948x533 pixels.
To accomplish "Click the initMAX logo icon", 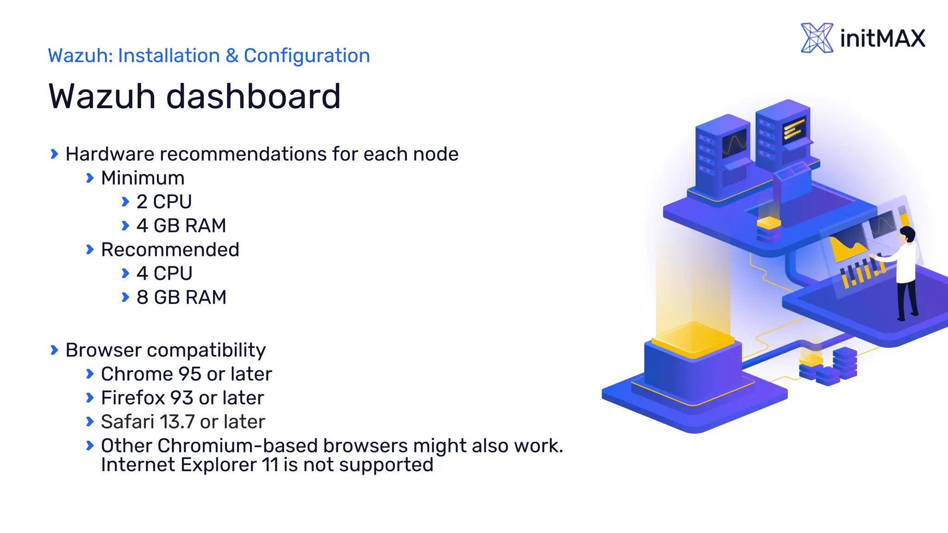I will point(817,38).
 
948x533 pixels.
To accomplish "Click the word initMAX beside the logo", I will point(882,38).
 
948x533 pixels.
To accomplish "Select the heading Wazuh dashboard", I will point(194,96).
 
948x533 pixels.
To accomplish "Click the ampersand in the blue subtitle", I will point(231,56).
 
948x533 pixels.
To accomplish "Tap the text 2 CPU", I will point(164,202).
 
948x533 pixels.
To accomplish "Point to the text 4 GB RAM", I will point(181,226).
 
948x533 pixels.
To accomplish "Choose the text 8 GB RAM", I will point(181,297).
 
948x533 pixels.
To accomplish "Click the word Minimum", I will point(143,178).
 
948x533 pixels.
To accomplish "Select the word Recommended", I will point(170,250).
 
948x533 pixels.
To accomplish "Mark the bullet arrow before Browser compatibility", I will point(54,350).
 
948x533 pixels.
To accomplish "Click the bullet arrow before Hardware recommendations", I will point(54,154).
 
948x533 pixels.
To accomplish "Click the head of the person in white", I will point(908,234).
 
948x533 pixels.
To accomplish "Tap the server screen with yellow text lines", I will point(794,129).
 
